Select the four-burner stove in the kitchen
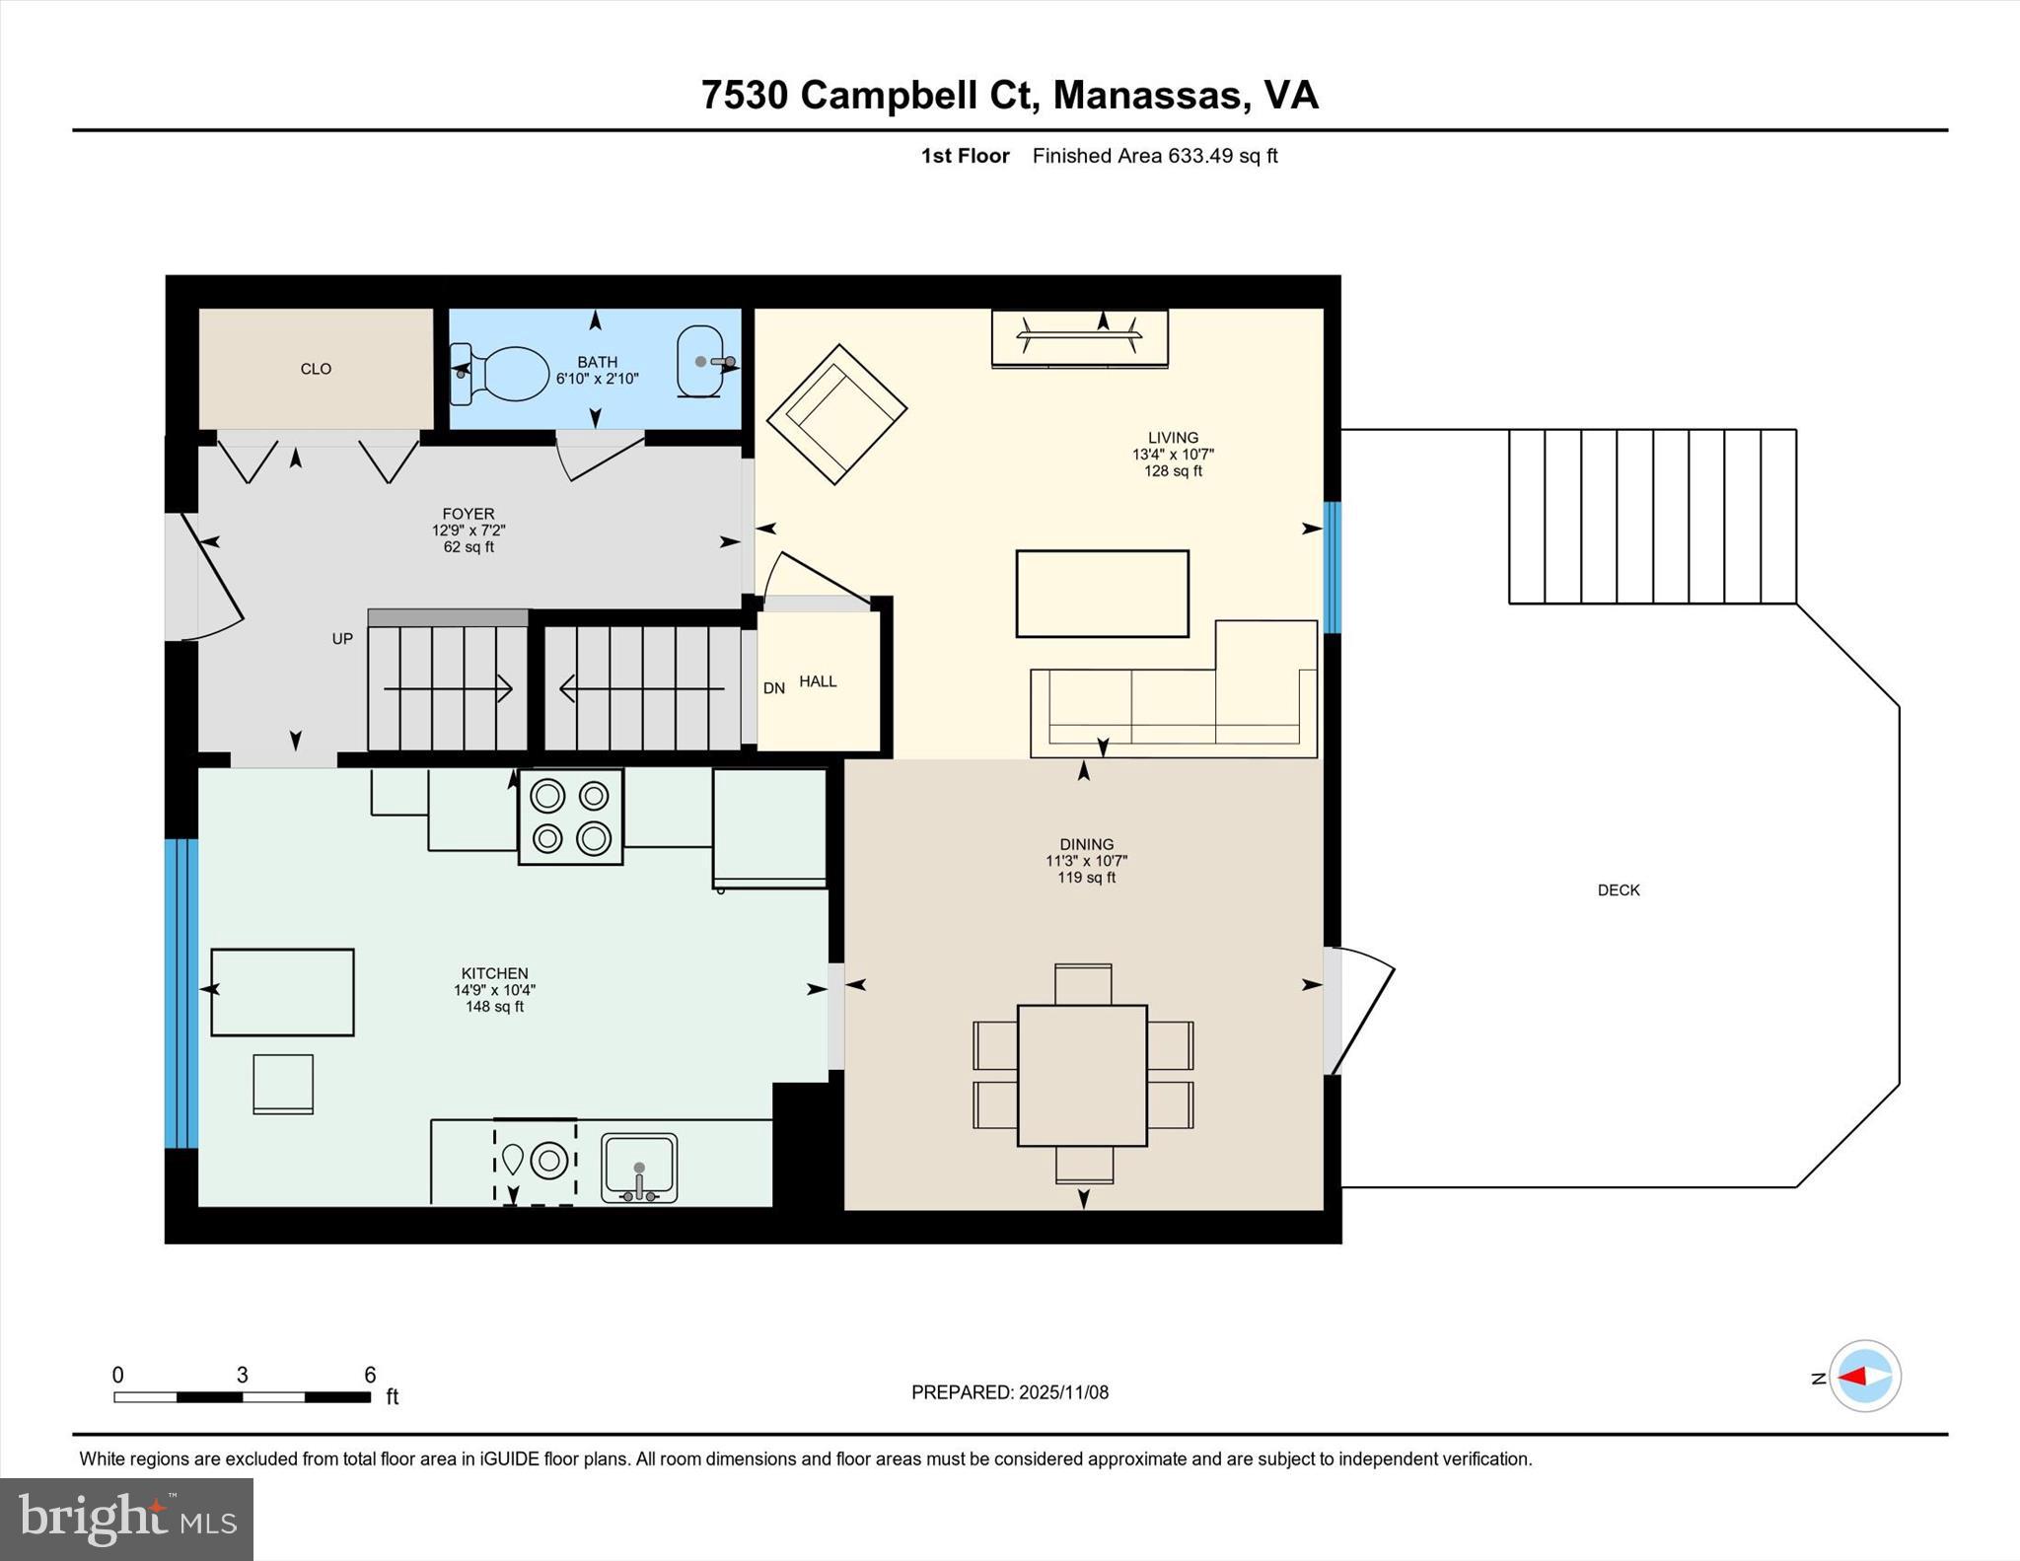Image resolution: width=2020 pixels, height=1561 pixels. [571, 816]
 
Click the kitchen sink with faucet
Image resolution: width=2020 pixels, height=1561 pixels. [639, 1168]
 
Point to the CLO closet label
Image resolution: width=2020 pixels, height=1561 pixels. [316, 369]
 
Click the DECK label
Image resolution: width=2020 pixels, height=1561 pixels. [1619, 889]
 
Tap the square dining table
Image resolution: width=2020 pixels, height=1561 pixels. [1082, 1075]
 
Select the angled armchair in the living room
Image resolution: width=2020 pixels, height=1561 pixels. [836, 414]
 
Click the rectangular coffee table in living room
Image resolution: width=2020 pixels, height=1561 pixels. [1102, 594]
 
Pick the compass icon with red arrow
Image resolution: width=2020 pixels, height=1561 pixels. [1864, 1376]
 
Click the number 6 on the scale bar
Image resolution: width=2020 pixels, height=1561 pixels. [370, 1375]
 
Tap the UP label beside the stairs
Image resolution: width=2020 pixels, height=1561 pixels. [342, 639]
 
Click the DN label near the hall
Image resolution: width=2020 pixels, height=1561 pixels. [774, 688]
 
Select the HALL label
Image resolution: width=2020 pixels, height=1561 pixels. [818, 681]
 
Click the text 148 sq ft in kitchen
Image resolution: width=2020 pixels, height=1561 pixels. [494, 1007]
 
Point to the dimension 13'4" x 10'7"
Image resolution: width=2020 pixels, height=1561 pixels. [1173, 455]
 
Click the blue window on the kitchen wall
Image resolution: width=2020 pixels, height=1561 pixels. [181, 993]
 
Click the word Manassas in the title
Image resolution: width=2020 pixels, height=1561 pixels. [1145, 96]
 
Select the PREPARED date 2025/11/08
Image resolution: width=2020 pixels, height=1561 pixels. [1063, 1392]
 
